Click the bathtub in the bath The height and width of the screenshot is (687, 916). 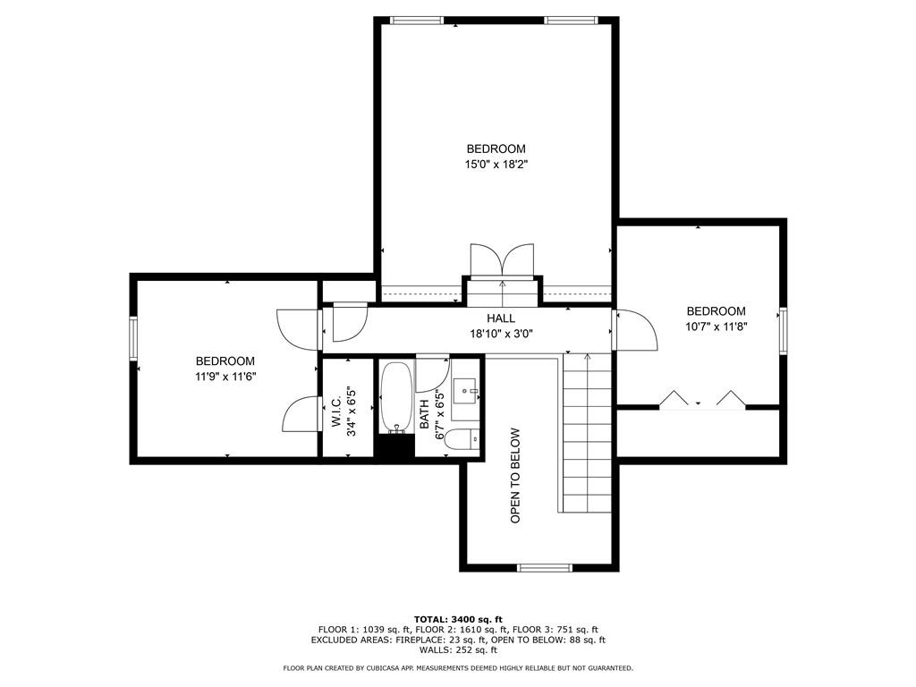click(x=395, y=396)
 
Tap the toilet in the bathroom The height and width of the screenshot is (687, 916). click(x=462, y=440)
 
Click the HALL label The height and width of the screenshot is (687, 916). click(x=501, y=318)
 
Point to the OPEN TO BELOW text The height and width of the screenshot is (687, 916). click(x=515, y=475)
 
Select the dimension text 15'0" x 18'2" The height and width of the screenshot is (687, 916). click(x=496, y=164)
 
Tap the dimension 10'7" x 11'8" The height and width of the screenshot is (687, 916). click(x=716, y=327)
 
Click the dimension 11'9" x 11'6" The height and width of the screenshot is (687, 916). click(x=225, y=377)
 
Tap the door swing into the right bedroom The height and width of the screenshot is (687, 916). click(x=636, y=330)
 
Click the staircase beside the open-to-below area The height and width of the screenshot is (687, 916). click(x=587, y=434)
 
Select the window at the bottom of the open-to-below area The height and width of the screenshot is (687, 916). click(x=544, y=567)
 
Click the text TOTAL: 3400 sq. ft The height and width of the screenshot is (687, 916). click(x=458, y=619)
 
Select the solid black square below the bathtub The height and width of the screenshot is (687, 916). click(x=394, y=446)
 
